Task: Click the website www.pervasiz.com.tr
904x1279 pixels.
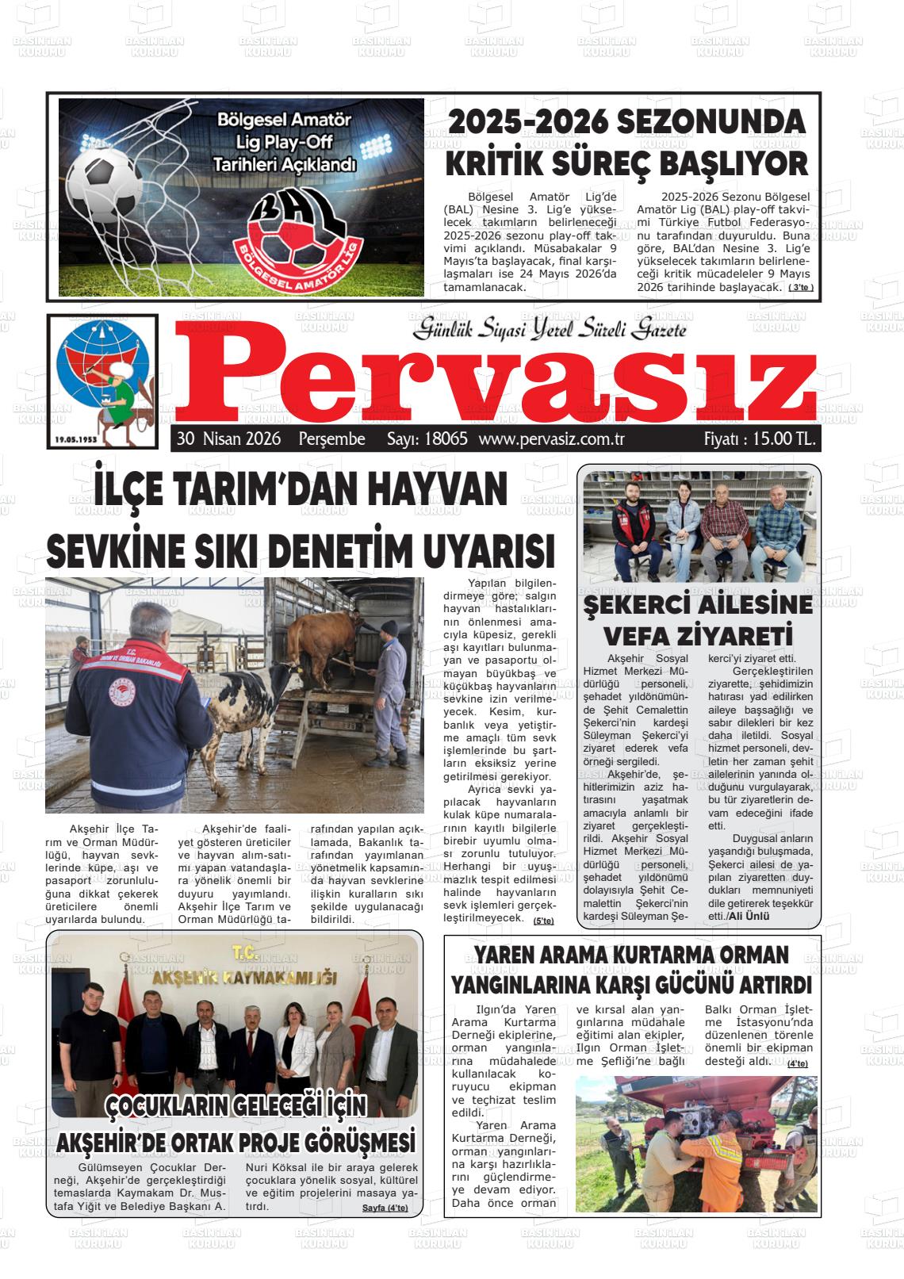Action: [553, 439]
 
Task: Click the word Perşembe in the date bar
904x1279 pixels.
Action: [331, 439]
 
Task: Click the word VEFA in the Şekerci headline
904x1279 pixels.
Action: [638, 636]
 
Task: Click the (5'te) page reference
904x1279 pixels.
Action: [544, 921]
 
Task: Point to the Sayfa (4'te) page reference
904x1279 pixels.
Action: [385, 1208]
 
